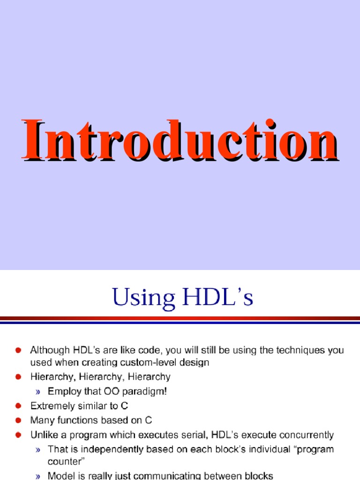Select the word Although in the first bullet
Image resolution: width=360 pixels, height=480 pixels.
point(47,350)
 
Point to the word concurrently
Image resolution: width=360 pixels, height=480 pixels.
point(307,435)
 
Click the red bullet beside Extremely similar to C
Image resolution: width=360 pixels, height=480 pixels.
point(19,405)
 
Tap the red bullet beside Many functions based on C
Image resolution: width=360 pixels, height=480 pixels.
point(19,420)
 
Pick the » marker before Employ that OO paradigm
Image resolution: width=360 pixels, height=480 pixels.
point(39,391)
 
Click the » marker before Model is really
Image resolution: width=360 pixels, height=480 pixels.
point(39,476)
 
